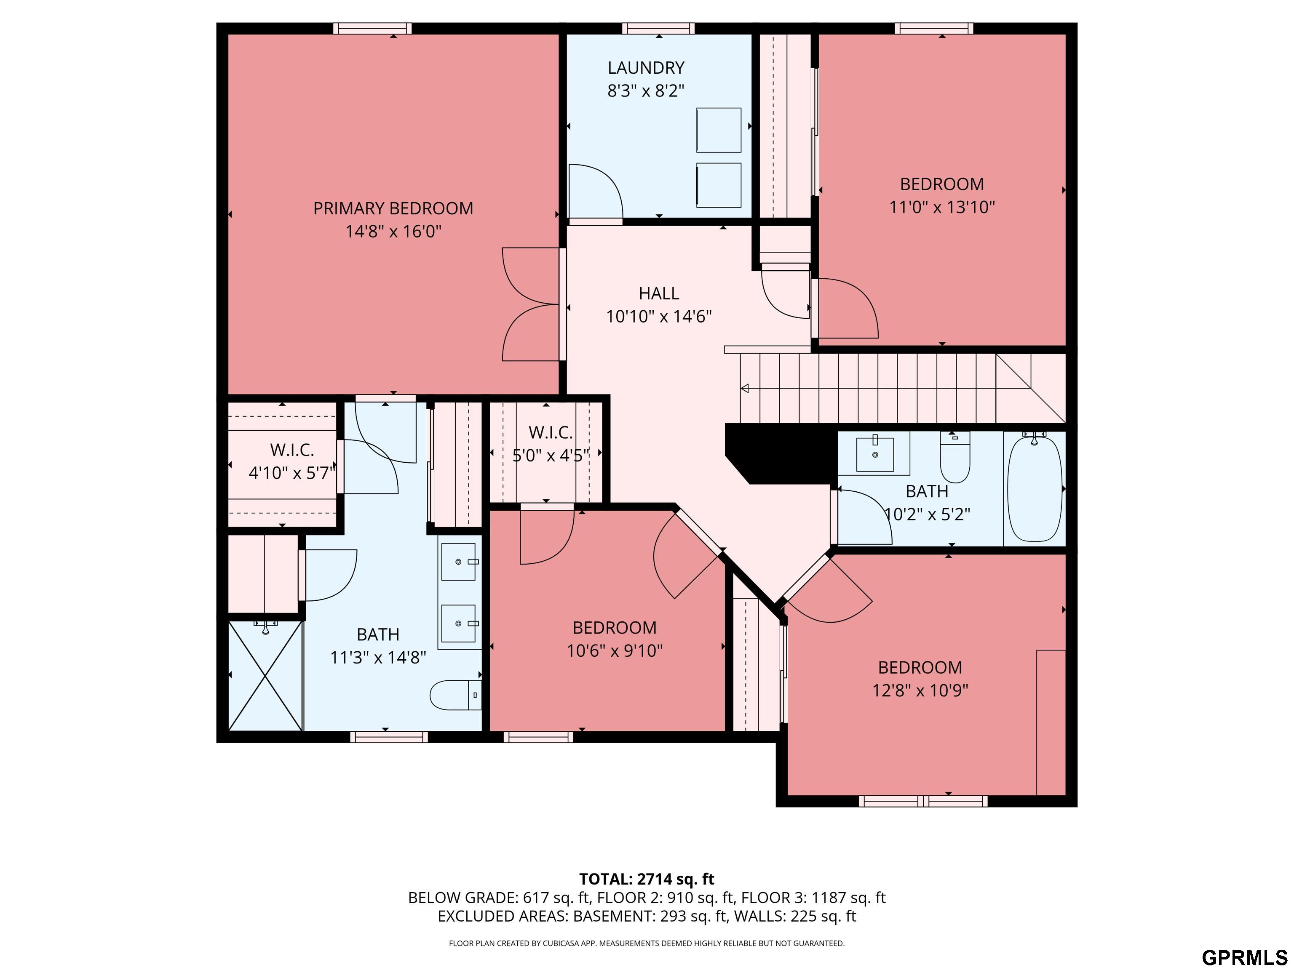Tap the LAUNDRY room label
point(646,68)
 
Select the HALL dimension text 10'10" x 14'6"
point(659,316)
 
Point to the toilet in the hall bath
point(955,456)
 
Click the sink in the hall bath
point(875,454)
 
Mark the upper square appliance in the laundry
point(718,130)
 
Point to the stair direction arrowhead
point(745,388)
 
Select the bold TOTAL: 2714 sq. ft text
point(647,879)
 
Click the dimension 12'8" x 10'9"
point(920,690)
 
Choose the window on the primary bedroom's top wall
point(373,28)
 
